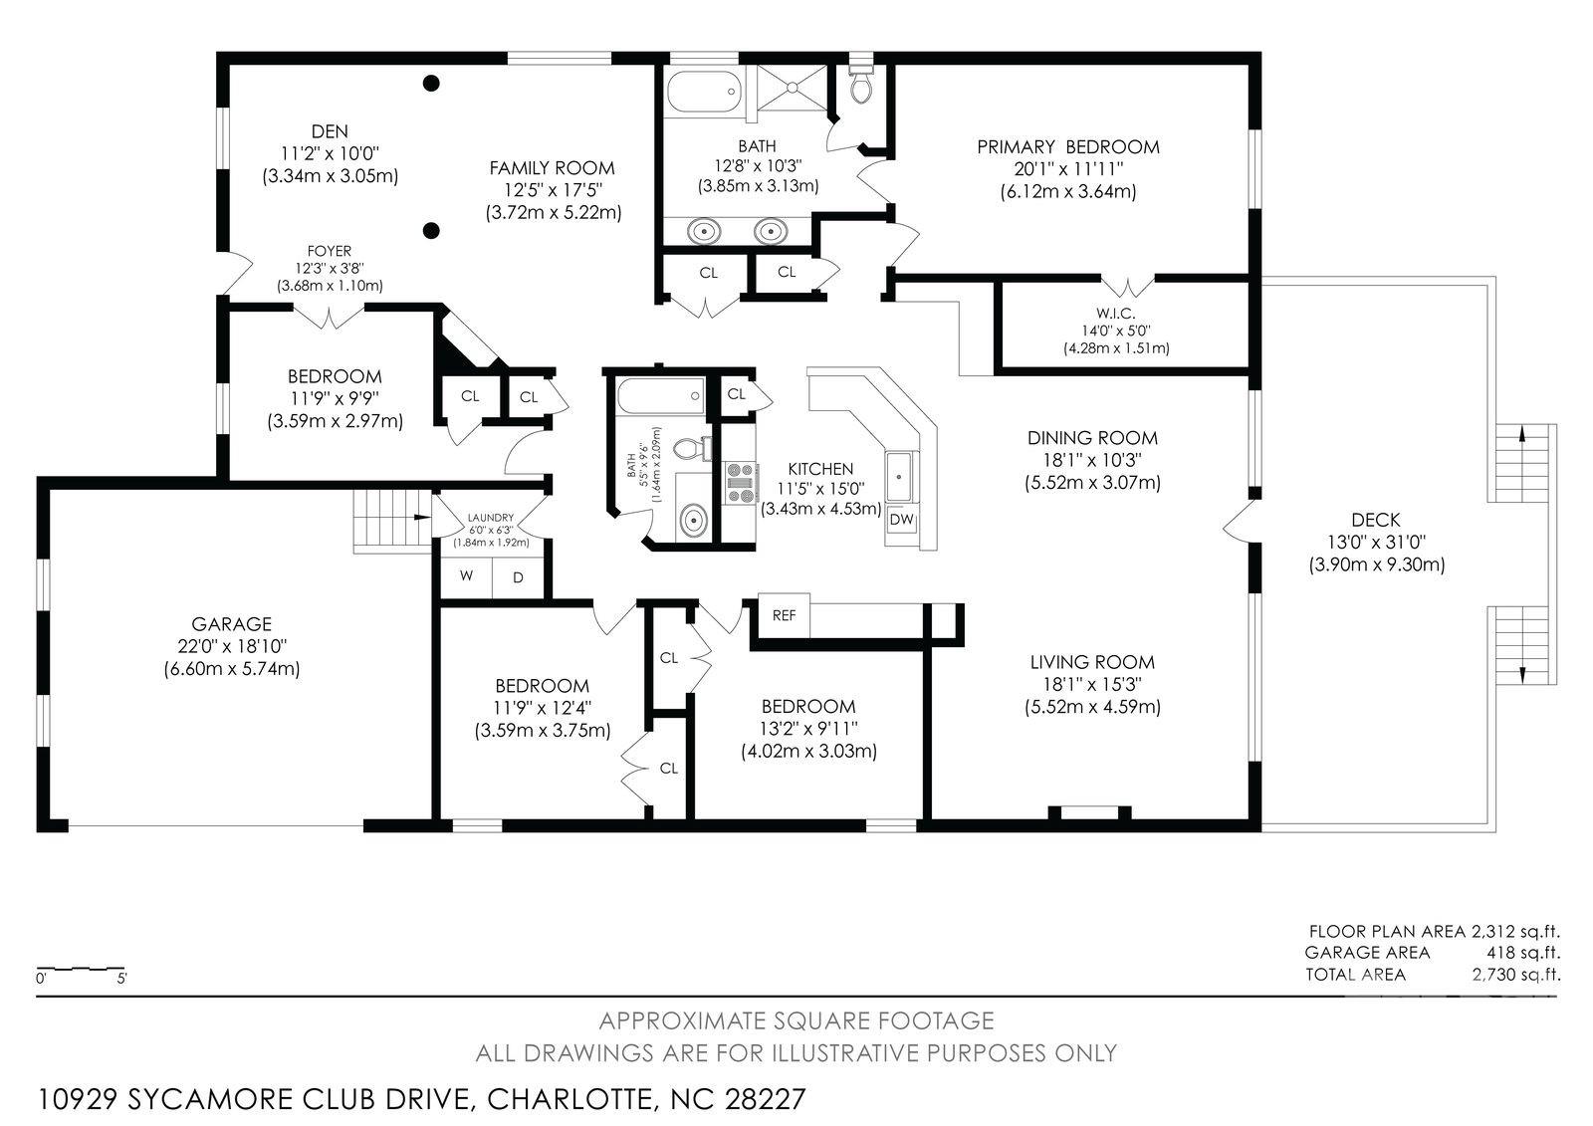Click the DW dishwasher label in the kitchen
901,520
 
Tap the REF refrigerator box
784,616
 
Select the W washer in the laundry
467,575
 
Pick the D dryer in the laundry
519,577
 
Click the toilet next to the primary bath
861,84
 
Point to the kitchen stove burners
740,483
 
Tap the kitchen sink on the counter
902,476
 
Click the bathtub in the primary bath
705,92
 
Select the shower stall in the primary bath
793,88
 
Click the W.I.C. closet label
1115,313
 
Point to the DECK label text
1376,520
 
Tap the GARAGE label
231,624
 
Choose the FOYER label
330,251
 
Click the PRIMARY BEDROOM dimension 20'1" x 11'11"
1068,169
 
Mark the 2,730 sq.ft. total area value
1516,975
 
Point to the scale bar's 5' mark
121,979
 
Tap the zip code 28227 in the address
766,1099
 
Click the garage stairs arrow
422,517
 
